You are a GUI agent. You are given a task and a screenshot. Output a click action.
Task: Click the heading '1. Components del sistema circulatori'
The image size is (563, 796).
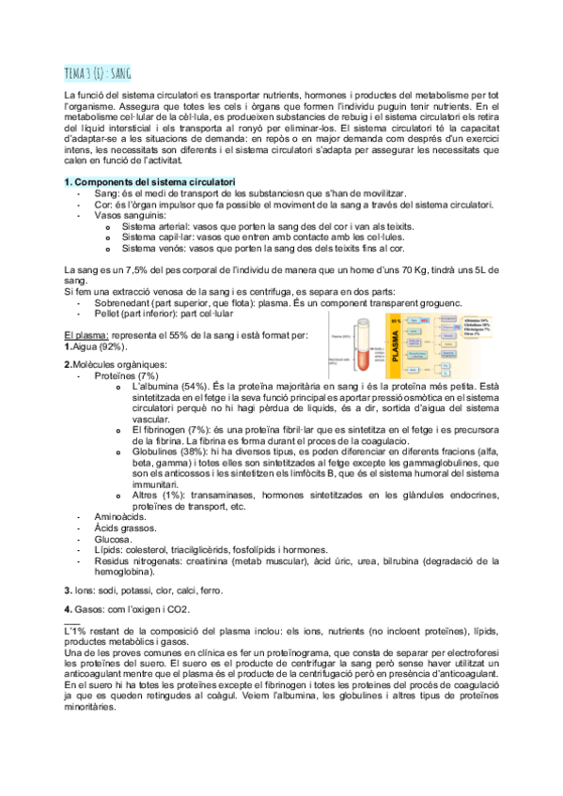[x=149, y=180]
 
